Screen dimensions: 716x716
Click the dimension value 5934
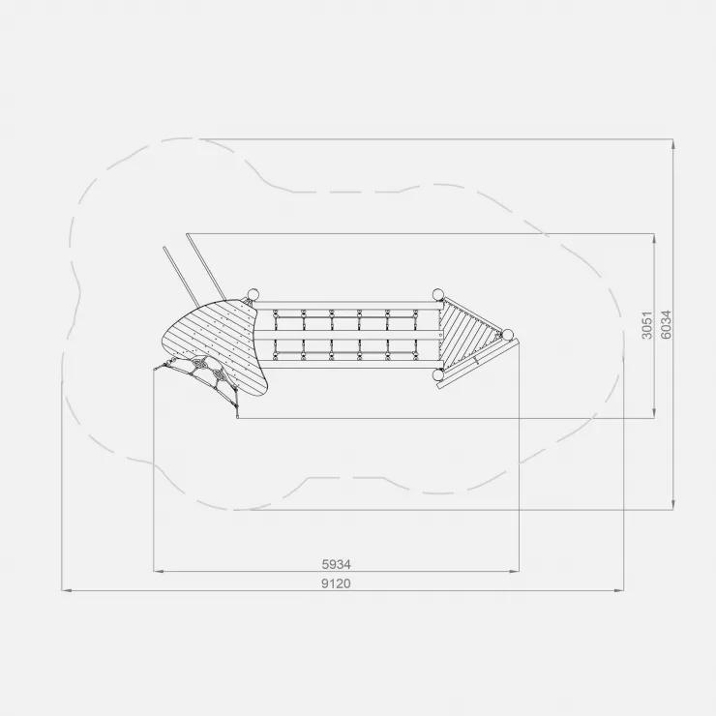(x=336, y=564)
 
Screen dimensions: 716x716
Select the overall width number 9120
(x=336, y=583)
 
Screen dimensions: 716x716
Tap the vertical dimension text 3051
(x=647, y=325)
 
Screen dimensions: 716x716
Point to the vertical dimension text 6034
(x=666, y=325)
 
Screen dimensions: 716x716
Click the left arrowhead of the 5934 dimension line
(x=159, y=571)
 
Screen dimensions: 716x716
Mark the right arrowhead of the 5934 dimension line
(x=514, y=571)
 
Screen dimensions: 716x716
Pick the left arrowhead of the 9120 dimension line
(x=67, y=590)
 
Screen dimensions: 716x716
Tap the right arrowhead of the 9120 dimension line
(x=619, y=590)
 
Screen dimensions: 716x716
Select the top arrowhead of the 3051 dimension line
(x=654, y=239)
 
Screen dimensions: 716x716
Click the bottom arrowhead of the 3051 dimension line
(x=654, y=413)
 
